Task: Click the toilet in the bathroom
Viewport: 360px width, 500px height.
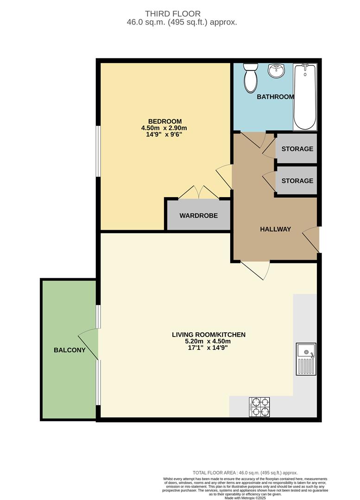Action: (x=251, y=78)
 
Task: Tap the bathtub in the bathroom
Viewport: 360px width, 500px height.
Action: (x=305, y=97)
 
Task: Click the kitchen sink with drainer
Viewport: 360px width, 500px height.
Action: (x=306, y=359)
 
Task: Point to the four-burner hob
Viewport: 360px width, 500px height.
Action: (x=259, y=406)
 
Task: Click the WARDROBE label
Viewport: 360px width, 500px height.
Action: (x=198, y=216)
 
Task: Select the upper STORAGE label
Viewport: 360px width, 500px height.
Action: (x=297, y=149)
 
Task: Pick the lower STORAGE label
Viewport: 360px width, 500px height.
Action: (x=297, y=181)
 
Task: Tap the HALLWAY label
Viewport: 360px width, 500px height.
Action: (x=275, y=229)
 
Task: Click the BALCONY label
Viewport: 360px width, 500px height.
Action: (x=69, y=350)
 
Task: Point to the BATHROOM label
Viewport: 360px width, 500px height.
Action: (x=275, y=97)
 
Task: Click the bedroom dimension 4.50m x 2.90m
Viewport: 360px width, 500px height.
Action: (x=164, y=128)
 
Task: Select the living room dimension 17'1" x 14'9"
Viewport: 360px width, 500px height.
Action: (x=208, y=349)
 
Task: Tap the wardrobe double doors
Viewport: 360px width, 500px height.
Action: (x=198, y=192)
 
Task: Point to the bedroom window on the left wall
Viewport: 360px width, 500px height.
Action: (x=98, y=151)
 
